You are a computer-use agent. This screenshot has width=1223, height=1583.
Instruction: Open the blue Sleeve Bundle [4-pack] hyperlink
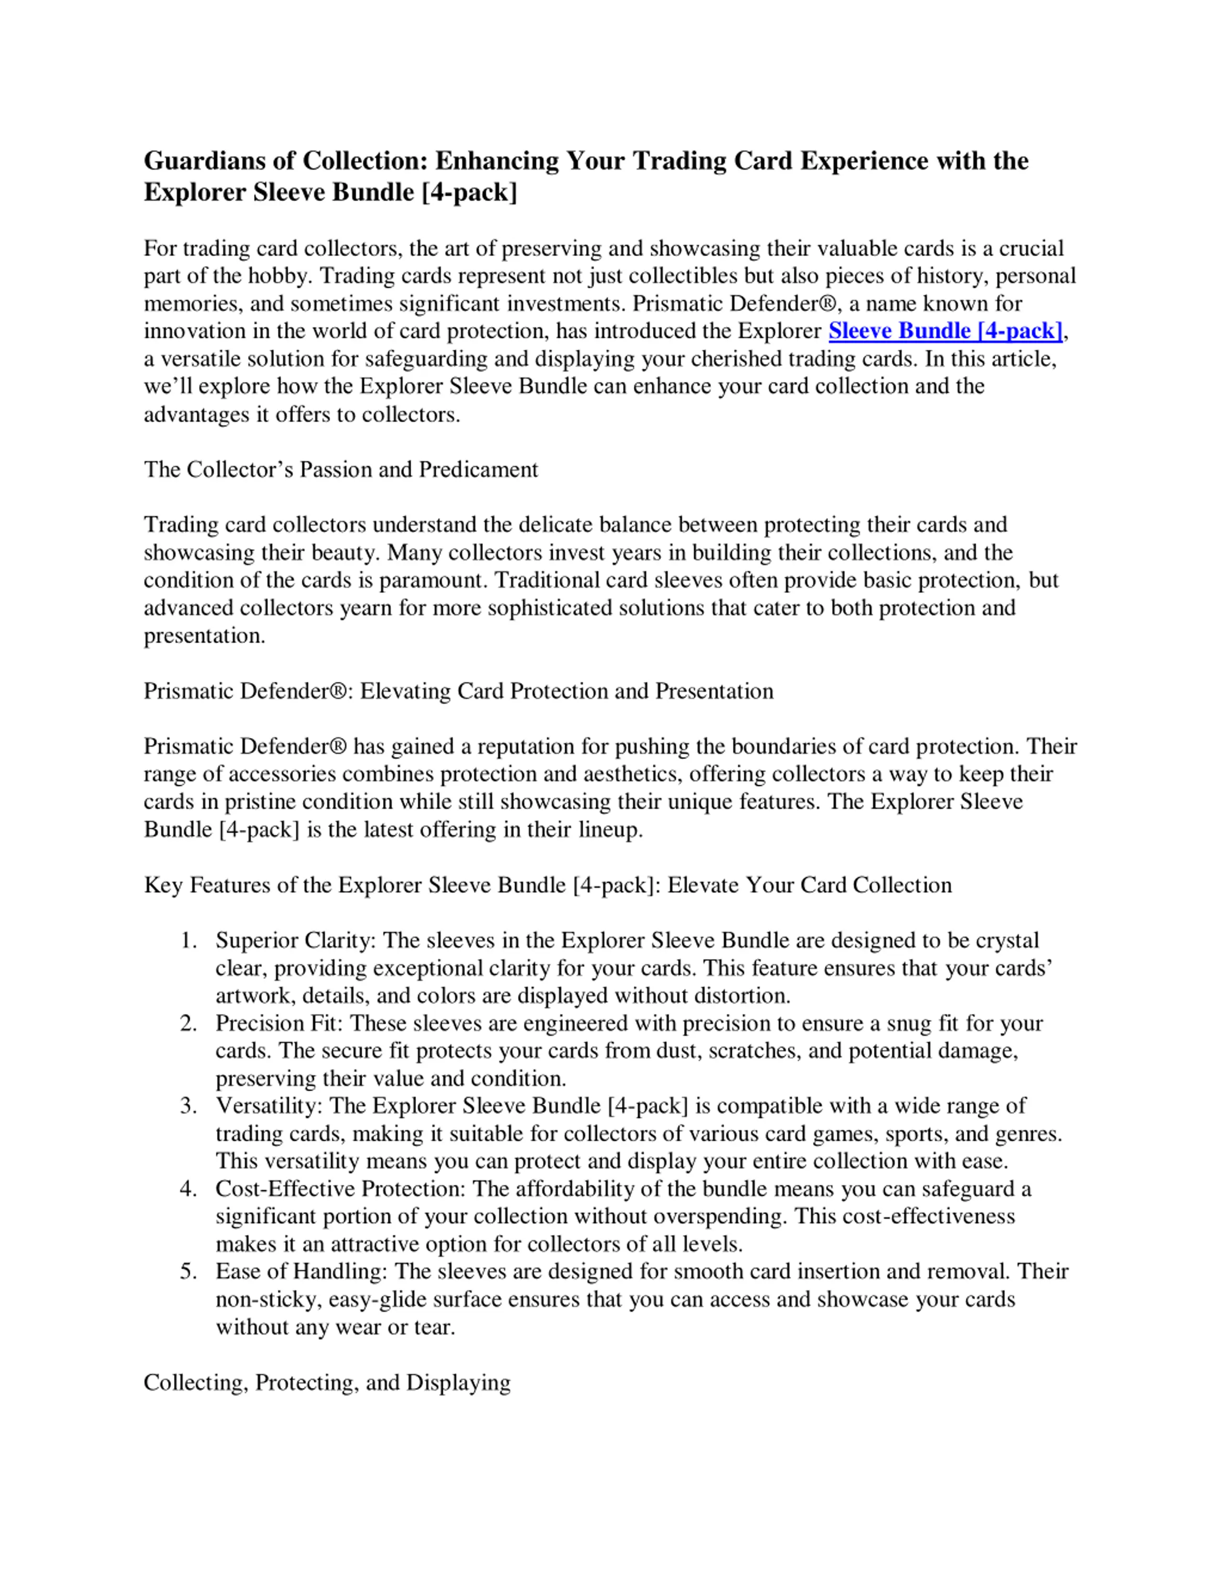pyautogui.click(x=945, y=331)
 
